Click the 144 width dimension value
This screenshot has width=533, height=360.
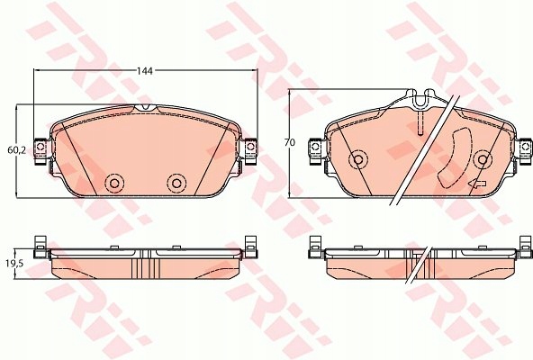pos(145,71)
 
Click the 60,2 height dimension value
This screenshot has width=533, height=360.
pos(16,150)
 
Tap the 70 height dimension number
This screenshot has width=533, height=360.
pos(290,143)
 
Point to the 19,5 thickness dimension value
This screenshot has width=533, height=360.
pos(14,264)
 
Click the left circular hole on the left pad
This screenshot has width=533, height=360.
pos(114,184)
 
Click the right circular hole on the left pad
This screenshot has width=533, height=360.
pos(176,184)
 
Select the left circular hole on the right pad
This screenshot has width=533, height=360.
pos(358,159)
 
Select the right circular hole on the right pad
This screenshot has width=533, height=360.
pos(483,159)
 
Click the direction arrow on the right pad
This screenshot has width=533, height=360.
pos(477,184)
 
